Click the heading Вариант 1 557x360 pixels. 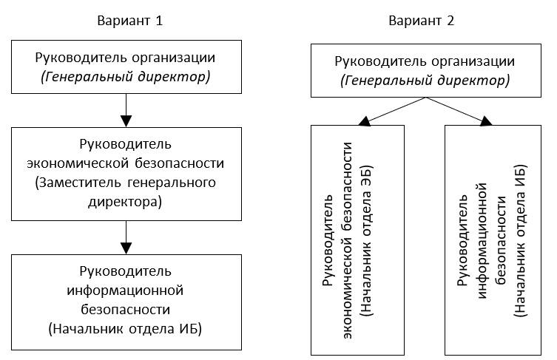click(129, 21)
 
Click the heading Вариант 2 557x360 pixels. click(422, 21)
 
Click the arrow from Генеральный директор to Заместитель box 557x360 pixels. click(126, 112)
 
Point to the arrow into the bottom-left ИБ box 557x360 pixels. click(126, 239)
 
